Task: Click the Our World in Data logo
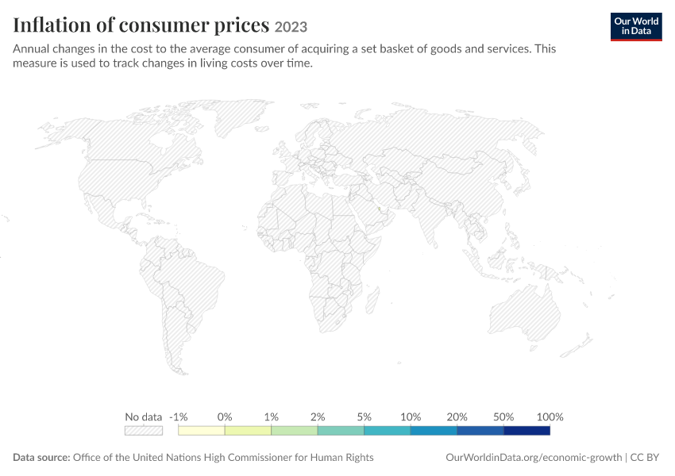[x=636, y=27]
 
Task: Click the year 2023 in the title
[x=291, y=27]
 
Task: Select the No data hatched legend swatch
[x=144, y=431]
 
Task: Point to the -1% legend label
[x=178, y=416]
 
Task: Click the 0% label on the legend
[x=225, y=416]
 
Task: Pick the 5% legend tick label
[x=364, y=416]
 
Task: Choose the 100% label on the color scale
[x=550, y=416]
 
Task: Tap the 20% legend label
[x=457, y=416]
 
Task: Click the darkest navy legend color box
[x=527, y=431]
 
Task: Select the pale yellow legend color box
[x=202, y=431]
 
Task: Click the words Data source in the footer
[x=41, y=457]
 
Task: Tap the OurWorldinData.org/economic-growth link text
[x=534, y=457]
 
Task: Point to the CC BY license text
[x=645, y=457]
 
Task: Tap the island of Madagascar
[x=372, y=301]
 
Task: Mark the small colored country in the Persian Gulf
[x=380, y=209]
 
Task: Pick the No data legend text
[x=144, y=416]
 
